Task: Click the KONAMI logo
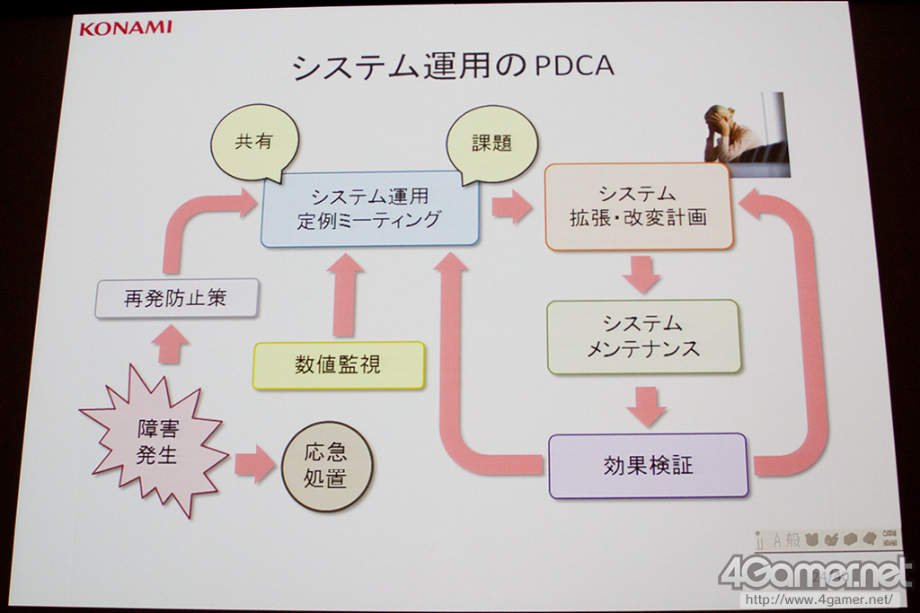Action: (x=125, y=27)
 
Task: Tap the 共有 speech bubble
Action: (x=253, y=143)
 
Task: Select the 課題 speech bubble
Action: (x=491, y=144)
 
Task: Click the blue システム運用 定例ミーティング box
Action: (x=369, y=208)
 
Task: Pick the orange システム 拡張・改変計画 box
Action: (x=638, y=206)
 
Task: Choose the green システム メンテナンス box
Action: (x=643, y=337)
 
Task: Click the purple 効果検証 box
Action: (x=648, y=466)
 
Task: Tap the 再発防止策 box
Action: (x=176, y=299)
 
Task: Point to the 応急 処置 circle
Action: (x=326, y=466)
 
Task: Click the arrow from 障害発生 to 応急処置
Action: (x=254, y=464)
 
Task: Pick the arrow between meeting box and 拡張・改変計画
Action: (x=511, y=206)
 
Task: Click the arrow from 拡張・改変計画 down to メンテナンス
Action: (x=641, y=274)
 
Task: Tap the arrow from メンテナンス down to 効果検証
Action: (x=646, y=405)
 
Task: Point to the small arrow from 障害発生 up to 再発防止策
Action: (x=170, y=345)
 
